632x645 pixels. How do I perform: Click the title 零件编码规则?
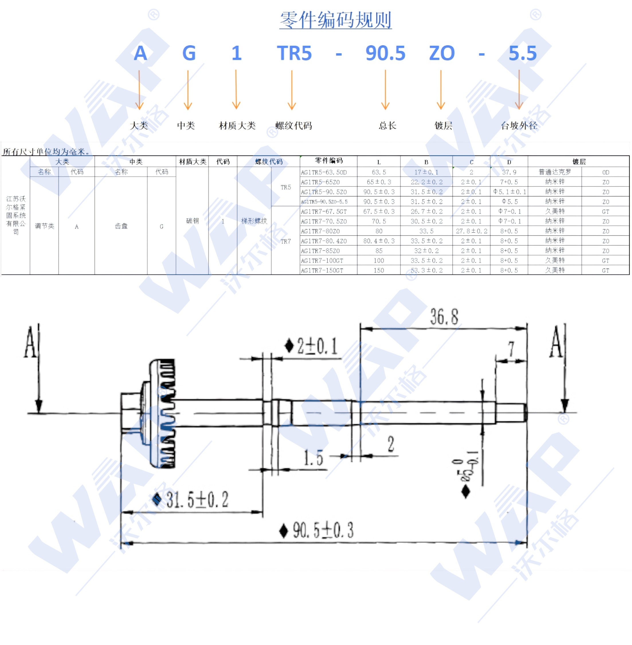(335, 20)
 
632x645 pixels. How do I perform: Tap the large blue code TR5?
(294, 53)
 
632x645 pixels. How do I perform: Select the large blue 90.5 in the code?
(386, 53)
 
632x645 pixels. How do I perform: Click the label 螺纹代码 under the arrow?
(294, 126)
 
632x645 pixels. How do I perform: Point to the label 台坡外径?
(519, 126)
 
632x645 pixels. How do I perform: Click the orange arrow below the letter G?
(188, 90)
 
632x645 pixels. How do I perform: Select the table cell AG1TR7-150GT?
(322, 270)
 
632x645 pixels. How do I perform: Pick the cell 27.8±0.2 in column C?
(471, 231)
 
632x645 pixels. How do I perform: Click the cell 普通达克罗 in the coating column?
(555, 172)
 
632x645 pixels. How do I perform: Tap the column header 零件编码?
(329, 161)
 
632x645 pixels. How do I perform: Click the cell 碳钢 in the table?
(192, 221)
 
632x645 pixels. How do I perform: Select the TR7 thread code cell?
(285, 241)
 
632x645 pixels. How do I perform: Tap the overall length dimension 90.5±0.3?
(323, 530)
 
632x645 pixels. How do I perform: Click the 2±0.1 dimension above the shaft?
(317, 346)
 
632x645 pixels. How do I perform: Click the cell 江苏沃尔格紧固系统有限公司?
(15, 215)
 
